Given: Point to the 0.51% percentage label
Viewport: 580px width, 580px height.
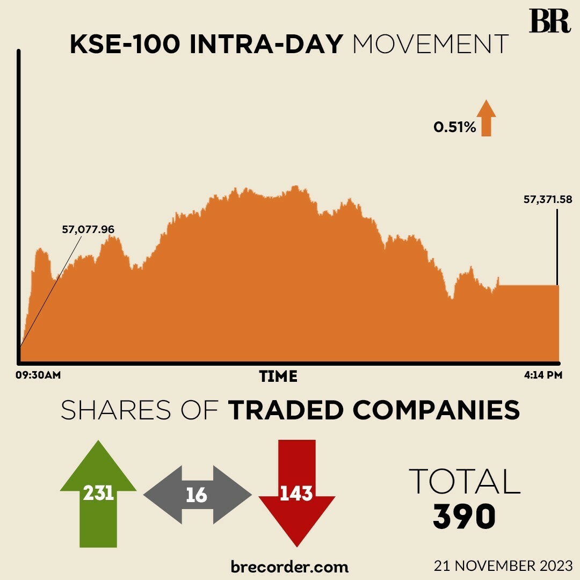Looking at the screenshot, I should pos(455,128).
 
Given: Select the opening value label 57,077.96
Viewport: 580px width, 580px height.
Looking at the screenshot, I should pos(89,229).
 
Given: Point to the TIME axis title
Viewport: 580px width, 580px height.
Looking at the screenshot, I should pos(278,376).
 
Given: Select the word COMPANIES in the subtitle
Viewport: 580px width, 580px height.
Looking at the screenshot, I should pos(437,411).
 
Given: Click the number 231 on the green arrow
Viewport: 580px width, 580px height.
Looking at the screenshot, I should pos(98,493).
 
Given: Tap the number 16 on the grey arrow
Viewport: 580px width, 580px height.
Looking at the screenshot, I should pos(197,495).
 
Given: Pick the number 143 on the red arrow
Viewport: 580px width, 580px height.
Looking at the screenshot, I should pos(296,493).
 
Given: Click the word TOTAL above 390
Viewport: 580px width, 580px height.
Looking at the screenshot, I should pos(465,481).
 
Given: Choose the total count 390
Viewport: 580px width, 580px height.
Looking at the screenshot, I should pos(465,517).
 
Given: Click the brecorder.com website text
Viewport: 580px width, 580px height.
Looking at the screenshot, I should pos(289,567).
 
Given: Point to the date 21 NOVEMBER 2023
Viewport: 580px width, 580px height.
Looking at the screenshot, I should pos(504,565).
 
